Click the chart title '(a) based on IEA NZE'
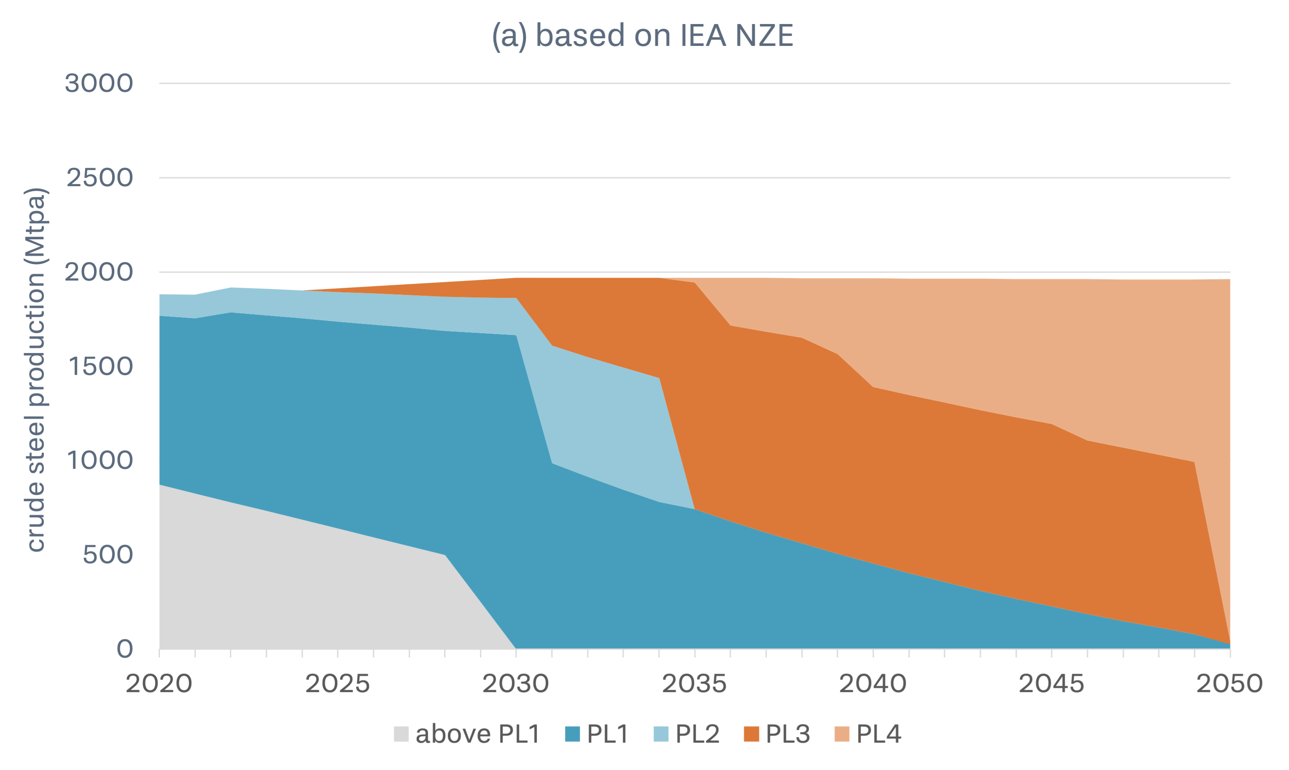[643, 36]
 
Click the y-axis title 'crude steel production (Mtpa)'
[36, 369]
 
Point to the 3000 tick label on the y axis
[99, 83]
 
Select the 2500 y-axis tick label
[100, 178]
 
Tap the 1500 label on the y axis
[100, 367]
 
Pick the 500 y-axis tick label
[108, 555]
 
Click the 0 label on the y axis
[125, 649]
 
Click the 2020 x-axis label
[159, 683]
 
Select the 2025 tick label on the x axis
[338, 683]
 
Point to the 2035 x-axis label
[694, 683]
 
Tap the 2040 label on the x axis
[873, 683]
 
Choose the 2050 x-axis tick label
[1229, 683]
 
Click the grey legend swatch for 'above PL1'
[401, 734]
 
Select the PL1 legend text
[608, 734]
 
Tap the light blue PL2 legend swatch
[661, 734]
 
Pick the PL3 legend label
[788, 734]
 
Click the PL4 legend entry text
[879, 734]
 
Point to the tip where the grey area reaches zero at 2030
[515, 647]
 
